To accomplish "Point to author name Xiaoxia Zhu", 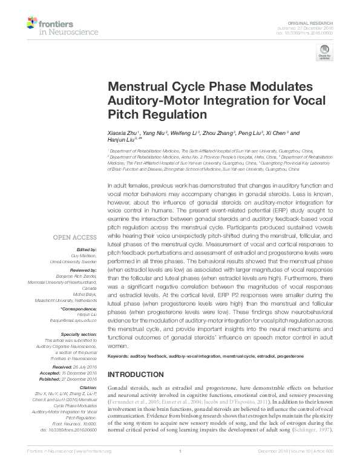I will pos(123,133).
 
